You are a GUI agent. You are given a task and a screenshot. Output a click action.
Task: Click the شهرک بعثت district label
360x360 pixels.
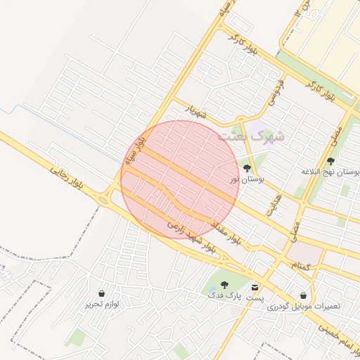(x=251, y=136)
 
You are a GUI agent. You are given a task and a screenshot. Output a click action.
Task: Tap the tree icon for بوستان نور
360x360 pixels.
(x=247, y=168)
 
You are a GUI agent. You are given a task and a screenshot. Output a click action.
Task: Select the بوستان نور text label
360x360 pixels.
(x=247, y=181)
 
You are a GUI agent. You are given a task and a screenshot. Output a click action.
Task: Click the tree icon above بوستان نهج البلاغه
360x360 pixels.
(x=330, y=161)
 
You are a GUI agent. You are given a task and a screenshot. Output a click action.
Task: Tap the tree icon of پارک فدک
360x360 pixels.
(x=224, y=285)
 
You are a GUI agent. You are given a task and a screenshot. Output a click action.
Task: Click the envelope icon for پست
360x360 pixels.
(x=254, y=287)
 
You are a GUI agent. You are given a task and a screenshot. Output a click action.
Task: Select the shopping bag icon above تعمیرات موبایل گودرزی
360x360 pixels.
(x=303, y=295)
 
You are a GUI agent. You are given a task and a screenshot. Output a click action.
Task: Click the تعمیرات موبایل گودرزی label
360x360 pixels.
(x=310, y=307)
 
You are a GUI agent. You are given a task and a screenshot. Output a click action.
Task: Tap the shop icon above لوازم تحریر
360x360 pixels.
(x=103, y=293)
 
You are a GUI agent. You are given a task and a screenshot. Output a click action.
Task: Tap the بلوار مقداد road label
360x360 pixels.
(x=227, y=232)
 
